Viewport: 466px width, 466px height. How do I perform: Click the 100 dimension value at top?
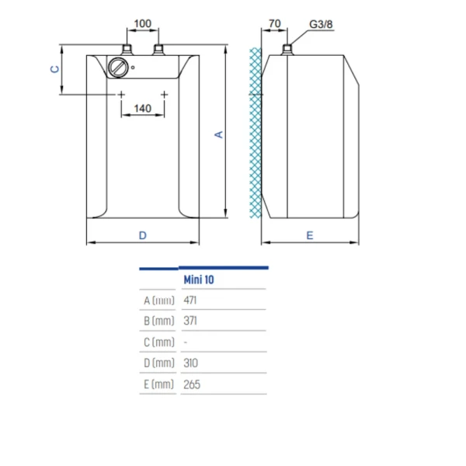pyautogui.click(x=142, y=23)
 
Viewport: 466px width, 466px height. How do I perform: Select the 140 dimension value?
pyautogui.click(x=142, y=108)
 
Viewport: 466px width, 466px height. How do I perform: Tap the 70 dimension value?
pyautogui.click(x=274, y=24)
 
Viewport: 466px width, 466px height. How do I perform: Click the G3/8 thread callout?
pyautogui.click(x=319, y=24)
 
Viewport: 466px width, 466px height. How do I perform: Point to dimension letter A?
pyautogui.click(x=219, y=134)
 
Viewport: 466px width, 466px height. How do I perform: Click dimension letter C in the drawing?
pyautogui.click(x=54, y=69)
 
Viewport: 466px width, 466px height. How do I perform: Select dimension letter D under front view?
pyautogui.click(x=142, y=235)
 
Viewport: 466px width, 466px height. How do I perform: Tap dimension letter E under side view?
pyautogui.click(x=310, y=235)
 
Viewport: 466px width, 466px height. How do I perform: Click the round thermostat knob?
pyautogui.click(x=119, y=68)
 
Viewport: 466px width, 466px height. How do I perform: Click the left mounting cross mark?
pyautogui.click(x=120, y=94)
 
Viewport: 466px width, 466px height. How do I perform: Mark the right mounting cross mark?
pyautogui.click(x=165, y=94)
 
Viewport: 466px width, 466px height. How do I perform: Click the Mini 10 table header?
pyautogui.click(x=198, y=279)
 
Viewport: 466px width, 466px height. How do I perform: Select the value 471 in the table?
pyautogui.click(x=191, y=300)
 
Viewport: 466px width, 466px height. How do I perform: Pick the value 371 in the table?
pyautogui.click(x=191, y=321)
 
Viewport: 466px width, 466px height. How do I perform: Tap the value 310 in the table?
pyautogui.click(x=191, y=363)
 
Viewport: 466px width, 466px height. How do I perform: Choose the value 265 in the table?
pyautogui.click(x=192, y=384)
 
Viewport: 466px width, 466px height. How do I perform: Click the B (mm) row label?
pyautogui.click(x=158, y=321)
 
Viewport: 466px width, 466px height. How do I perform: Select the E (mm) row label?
pyautogui.click(x=158, y=384)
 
